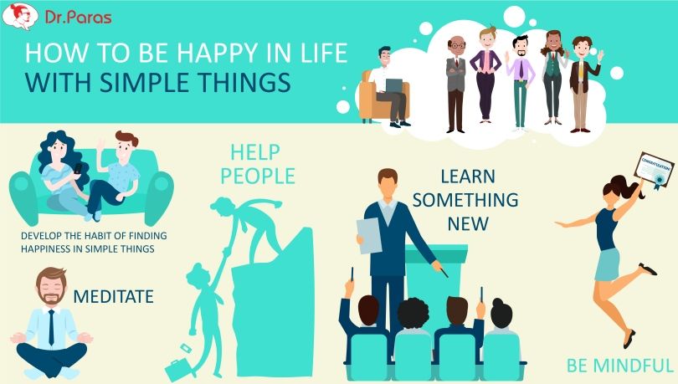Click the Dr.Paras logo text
pos(79,17)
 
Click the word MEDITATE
pos(113,297)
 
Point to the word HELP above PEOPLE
pos(255,152)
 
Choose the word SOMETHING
pos(465,200)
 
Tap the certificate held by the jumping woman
pos(655,170)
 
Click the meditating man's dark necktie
pos(51,327)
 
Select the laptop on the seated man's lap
pos(393,85)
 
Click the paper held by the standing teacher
pos(369,235)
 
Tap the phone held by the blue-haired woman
pos(78,168)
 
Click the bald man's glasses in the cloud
pos(456,45)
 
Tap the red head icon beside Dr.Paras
pos(20,17)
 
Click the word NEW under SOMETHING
pos(468,224)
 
